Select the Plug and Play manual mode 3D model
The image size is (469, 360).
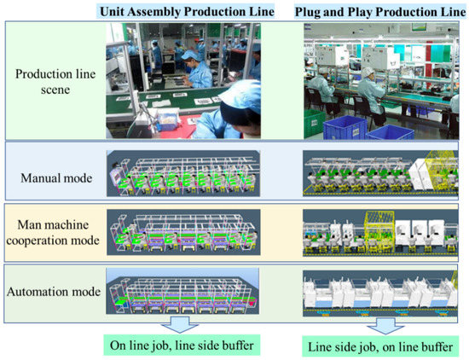click(384, 175)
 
